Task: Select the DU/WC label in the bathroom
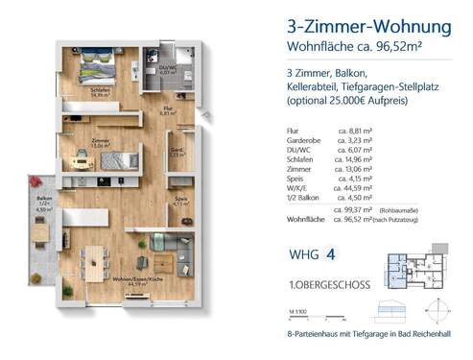167,67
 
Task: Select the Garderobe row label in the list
305,138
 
